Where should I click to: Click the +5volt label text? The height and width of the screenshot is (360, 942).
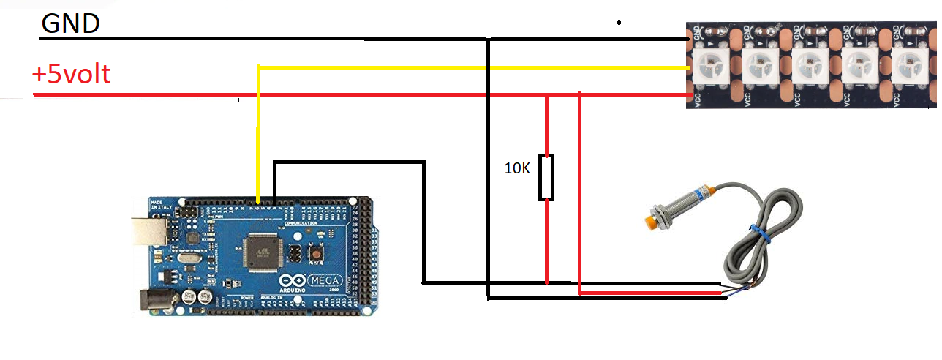click(x=71, y=74)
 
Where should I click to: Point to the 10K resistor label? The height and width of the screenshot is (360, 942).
click(x=518, y=168)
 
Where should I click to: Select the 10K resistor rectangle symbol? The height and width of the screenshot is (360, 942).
click(x=546, y=177)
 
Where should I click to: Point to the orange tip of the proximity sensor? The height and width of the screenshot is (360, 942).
click(x=649, y=220)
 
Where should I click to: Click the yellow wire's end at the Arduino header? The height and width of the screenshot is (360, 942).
click(x=257, y=199)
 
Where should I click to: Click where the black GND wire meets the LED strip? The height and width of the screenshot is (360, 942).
click(x=689, y=39)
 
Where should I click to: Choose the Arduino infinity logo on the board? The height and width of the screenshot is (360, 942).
click(x=293, y=282)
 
